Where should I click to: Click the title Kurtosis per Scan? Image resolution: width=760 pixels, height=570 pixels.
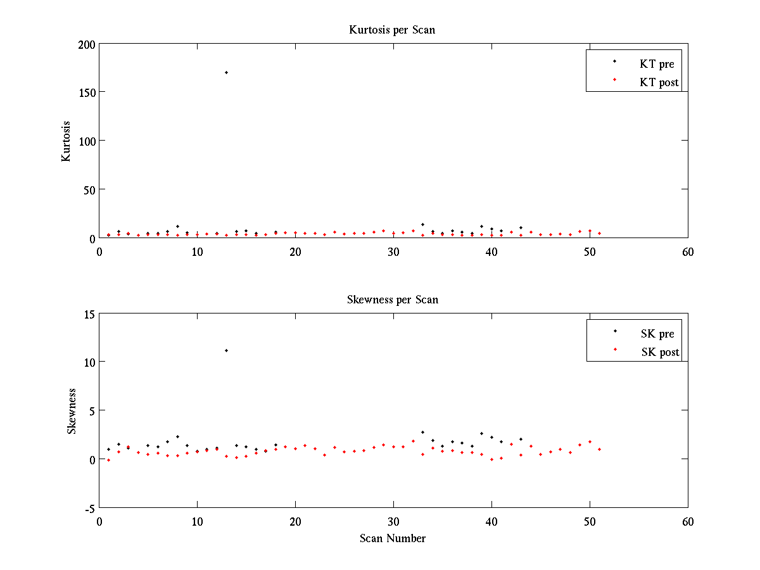click(392, 30)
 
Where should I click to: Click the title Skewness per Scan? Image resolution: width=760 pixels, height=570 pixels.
click(392, 300)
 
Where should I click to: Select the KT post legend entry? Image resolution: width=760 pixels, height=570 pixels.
click(659, 82)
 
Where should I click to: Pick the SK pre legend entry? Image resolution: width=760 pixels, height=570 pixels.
click(657, 334)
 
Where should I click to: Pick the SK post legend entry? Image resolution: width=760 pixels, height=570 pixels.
click(659, 352)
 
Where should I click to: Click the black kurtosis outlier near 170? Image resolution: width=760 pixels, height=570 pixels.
click(226, 72)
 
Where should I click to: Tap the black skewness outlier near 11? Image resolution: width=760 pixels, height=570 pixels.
click(226, 350)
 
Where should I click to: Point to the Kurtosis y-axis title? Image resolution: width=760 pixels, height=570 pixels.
click(66, 141)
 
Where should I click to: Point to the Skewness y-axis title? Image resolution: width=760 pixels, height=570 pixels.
click(72, 411)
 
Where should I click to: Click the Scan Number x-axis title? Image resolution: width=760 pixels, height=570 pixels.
click(393, 538)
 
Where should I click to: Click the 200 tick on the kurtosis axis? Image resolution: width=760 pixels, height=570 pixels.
click(87, 44)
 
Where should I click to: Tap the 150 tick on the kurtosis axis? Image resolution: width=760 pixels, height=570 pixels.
click(87, 92)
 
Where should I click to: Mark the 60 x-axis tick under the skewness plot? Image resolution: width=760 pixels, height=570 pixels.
click(688, 521)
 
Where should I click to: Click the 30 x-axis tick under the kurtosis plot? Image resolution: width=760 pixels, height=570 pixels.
click(393, 251)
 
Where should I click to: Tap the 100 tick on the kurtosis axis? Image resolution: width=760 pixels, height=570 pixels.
click(87, 141)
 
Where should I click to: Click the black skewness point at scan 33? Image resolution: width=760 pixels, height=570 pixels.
click(422, 432)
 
